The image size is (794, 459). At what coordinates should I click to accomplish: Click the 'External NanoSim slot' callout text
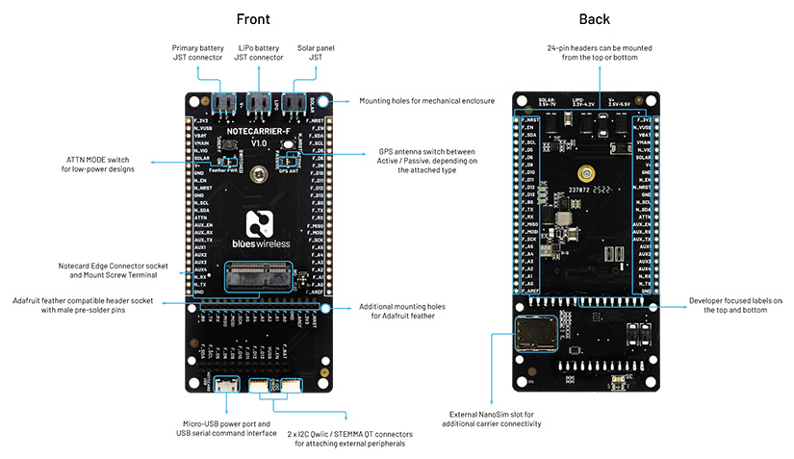point(492,420)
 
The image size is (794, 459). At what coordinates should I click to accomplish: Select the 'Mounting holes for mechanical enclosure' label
point(426,100)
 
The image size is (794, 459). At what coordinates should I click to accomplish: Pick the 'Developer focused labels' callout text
point(735,305)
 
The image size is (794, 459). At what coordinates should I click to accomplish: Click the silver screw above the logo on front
point(257,174)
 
